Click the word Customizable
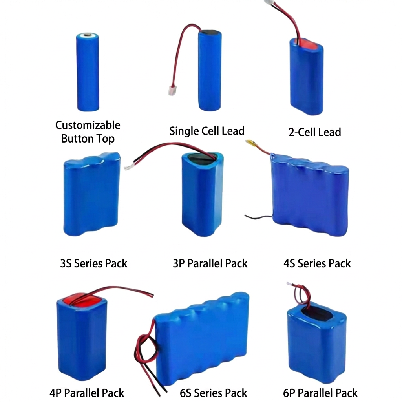click(x=88, y=125)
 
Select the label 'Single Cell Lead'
click(x=207, y=131)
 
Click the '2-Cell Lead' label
click(x=314, y=132)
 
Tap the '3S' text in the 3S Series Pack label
click(x=66, y=263)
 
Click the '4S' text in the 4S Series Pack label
click(x=289, y=263)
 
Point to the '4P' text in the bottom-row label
click(x=55, y=393)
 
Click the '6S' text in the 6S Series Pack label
click(x=185, y=393)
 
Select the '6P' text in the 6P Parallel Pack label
click(x=289, y=393)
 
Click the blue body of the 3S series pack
click(x=91, y=195)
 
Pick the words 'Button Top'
click(x=88, y=139)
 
